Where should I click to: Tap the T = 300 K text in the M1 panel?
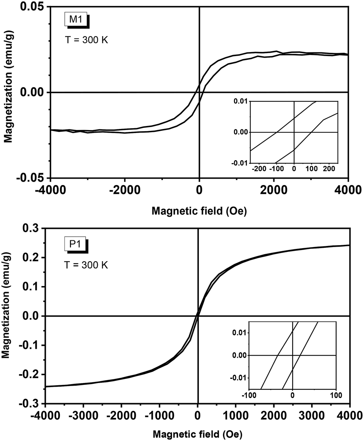[x=86, y=40]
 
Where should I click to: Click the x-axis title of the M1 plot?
[x=200, y=211]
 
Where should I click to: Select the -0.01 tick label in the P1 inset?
[x=238, y=378]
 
